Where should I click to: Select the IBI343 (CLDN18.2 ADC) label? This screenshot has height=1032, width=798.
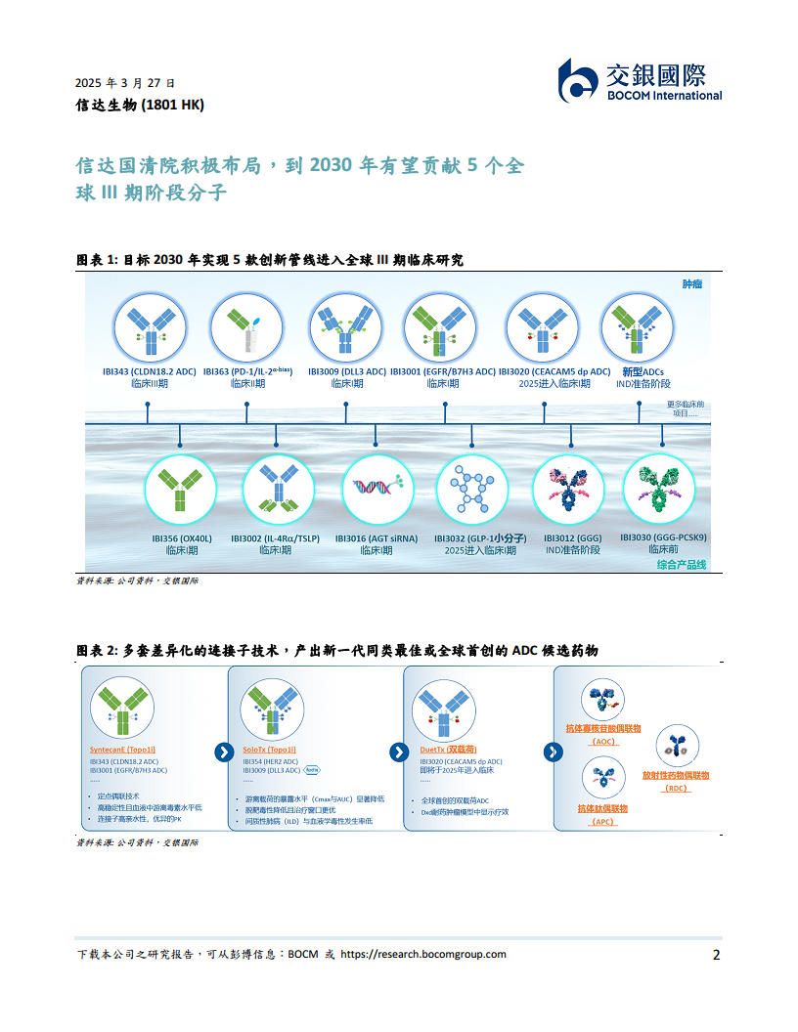click(149, 371)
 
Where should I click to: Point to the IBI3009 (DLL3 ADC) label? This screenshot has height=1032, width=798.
click(345, 371)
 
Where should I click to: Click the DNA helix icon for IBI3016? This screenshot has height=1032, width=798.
click(377, 488)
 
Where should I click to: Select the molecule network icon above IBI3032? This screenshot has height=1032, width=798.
click(472, 488)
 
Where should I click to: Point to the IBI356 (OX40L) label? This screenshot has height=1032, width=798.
click(182, 537)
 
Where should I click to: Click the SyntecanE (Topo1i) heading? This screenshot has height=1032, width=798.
click(121, 750)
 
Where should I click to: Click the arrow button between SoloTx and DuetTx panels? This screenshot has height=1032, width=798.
click(398, 752)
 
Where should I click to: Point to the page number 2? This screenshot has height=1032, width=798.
click(717, 955)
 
